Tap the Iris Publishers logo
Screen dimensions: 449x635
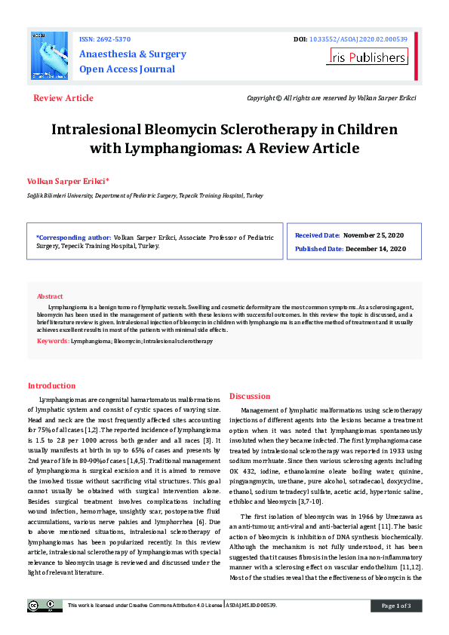pyautogui.click(x=368, y=57)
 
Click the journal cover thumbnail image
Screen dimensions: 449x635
pyautogui.click(x=48, y=57)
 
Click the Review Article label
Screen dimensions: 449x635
pyautogui.click(x=63, y=98)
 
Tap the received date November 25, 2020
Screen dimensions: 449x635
pyautogui.click(x=375, y=236)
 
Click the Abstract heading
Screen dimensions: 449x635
pyautogui.click(x=50, y=296)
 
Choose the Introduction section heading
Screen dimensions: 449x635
pyautogui.click(x=51, y=385)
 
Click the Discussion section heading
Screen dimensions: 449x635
pyautogui.click(x=249, y=396)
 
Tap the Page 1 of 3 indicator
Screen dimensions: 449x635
pyautogui.click(x=395, y=606)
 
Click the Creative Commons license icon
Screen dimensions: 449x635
pyautogui.click(x=45, y=605)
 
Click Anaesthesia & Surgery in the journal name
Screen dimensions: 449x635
pyautogui.click(x=133, y=54)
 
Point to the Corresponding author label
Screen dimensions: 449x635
pyautogui.click(x=73, y=237)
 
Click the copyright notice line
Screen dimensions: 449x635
pyautogui.click(x=331, y=98)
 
